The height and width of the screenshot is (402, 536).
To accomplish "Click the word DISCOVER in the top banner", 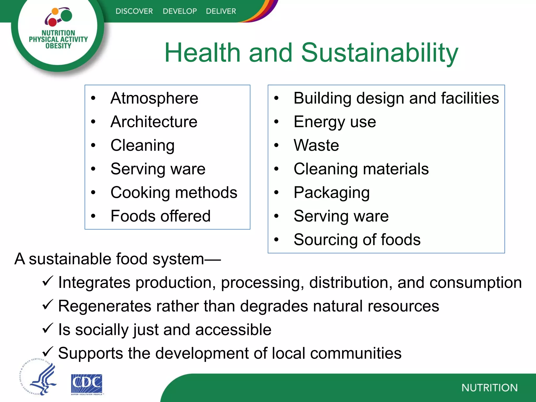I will (134, 11).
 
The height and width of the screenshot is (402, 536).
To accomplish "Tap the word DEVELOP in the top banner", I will (180, 11).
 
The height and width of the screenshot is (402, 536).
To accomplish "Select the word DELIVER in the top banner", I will (221, 11).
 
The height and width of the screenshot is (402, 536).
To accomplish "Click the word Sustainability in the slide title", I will (379, 53).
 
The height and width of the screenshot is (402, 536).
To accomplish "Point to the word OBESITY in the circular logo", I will (58, 46).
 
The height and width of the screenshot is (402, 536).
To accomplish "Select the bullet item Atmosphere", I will (154, 98).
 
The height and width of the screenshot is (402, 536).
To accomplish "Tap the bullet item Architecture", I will (154, 122).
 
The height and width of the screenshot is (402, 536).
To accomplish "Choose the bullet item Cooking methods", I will (174, 193).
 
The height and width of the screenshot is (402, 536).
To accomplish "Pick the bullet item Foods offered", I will (160, 216).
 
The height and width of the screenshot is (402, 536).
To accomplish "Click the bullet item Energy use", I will (335, 122).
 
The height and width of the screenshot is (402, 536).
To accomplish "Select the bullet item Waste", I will (316, 145).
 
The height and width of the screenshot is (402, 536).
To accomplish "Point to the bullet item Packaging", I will (332, 193).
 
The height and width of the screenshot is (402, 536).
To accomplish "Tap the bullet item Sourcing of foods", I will (357, 240).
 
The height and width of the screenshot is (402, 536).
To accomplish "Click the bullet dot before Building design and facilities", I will (276, 98).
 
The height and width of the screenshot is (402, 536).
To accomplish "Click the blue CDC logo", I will (87, 384).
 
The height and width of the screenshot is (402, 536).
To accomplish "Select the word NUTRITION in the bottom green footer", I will (489, 388).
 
